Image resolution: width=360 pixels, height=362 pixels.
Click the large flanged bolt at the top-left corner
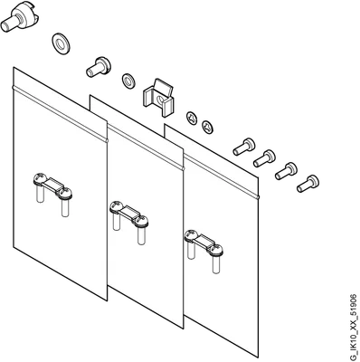21,18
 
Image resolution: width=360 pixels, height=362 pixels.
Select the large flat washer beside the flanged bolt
62,43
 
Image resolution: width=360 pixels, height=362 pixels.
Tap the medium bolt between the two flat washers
99,66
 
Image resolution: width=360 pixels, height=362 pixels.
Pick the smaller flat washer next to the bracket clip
128,81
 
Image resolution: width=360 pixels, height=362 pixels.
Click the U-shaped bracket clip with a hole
158,98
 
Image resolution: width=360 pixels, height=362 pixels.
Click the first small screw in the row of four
243,147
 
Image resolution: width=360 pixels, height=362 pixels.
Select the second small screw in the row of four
264,158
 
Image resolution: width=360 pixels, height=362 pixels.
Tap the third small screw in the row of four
286,171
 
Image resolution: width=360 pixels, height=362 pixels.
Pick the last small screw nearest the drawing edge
308,184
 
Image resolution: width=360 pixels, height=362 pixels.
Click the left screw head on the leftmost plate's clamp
39,178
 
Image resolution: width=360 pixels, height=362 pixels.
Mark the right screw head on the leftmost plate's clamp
65,193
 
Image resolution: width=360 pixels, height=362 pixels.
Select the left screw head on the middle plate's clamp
116,206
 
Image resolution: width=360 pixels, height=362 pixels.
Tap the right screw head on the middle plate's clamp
142,221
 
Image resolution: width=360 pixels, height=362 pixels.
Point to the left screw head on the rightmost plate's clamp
191,235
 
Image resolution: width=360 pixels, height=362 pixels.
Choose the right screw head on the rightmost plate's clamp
217,250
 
